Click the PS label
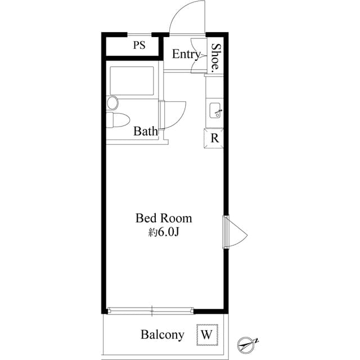point(139,45)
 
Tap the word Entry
point(186,55)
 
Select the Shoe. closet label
point(216,56)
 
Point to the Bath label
point(146,131)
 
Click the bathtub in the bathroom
point(132,81)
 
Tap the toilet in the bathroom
point(118,120)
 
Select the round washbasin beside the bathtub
point(112,102)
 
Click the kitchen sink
point(215,110)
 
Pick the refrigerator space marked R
point(214,138)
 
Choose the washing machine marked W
point(207,335)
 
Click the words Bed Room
point(164,218)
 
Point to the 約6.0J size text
point(164,232)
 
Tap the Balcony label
point(163,335)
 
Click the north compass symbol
point(247,344)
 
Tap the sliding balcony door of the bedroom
point(151,310)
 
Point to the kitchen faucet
point(218,112)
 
